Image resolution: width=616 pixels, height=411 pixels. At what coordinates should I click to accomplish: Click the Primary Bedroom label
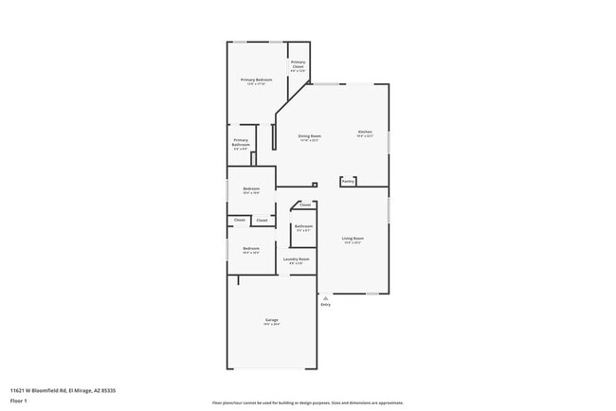[x=256, y=80]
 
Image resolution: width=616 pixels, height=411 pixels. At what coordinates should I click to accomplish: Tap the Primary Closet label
[x=298, y=64]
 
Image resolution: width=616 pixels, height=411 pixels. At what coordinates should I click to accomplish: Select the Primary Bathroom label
[x=241, y=143]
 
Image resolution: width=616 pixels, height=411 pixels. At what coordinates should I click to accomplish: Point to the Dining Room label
[x=310, y=136]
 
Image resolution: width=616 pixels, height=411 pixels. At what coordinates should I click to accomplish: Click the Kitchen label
[x=365, y=132]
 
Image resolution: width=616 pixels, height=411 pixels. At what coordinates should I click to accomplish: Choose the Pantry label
[x=348, y=181]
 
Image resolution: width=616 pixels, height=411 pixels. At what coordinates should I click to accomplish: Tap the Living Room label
[x=353, y=239]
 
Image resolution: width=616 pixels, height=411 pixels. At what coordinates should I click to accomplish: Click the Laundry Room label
[x=297, y=259]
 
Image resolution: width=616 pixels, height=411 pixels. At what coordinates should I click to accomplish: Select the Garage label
[x=271, y=321]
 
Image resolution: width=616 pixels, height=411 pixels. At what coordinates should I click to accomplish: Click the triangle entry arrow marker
[x=326, y=296]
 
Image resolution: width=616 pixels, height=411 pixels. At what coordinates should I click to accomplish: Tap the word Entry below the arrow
[x=326, y=304]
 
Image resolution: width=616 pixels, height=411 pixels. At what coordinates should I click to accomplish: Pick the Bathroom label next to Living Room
[x=303, y=226]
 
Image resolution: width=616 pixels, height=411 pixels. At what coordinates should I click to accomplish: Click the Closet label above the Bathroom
[x=305, y=205]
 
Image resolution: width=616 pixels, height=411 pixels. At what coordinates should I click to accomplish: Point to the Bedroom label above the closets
[x=251, y=188]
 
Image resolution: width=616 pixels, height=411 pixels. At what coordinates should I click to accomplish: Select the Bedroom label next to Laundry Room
[x=251, y=248]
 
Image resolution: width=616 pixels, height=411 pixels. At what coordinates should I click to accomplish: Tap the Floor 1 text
[x=18, y=401]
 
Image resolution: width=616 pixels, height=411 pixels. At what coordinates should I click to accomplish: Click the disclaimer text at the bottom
[x=308, y=402]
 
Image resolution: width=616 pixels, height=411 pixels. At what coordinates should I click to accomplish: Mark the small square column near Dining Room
[x=315, y=185]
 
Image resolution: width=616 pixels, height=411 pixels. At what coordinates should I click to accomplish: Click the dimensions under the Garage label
[x=271, y=326]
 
